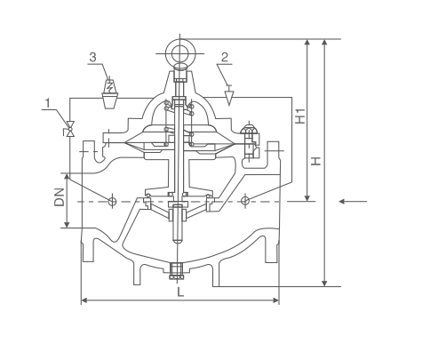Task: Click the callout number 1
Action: pos(48,103)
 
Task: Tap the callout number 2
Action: pos(225,57)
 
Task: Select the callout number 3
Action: pos(93,57)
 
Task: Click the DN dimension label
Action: pos(60,197)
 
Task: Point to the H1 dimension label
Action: pos(300,116)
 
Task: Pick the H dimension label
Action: pos(316,161)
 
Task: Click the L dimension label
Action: pos(180,292)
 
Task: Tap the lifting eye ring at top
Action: pos(180,53)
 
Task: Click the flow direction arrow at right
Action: pos(353,202)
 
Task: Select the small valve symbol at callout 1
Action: pos(70,129)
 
